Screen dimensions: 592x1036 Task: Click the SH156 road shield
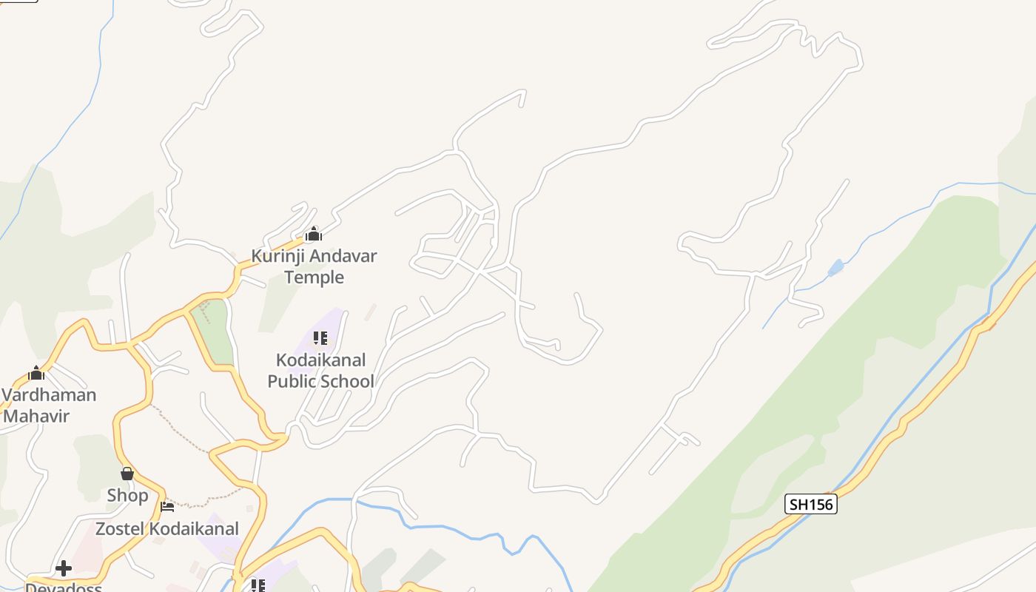click(x=810, y=505)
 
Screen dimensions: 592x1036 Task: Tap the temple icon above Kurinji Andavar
click(x=314, y=235)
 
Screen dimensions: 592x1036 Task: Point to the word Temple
click(x=314, y=277)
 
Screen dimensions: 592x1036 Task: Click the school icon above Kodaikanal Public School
click(x=320, y=338)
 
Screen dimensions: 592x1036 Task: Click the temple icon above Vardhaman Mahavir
click(x=36, y=373)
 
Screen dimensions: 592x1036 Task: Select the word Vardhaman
click(x=49, y=394)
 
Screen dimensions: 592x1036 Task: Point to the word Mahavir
click(x=36, y=416)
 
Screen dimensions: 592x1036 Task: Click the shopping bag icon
click(x=127, y=474)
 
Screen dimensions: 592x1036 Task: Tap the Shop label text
click(x=127, y=495)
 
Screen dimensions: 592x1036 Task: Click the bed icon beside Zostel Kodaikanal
click(x=167, y=507)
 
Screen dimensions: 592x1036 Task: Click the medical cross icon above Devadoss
click(x=64, y=568)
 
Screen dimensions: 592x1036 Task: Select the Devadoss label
click(x=64, y=588)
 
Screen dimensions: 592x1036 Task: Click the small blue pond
click(x=835, y=267)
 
